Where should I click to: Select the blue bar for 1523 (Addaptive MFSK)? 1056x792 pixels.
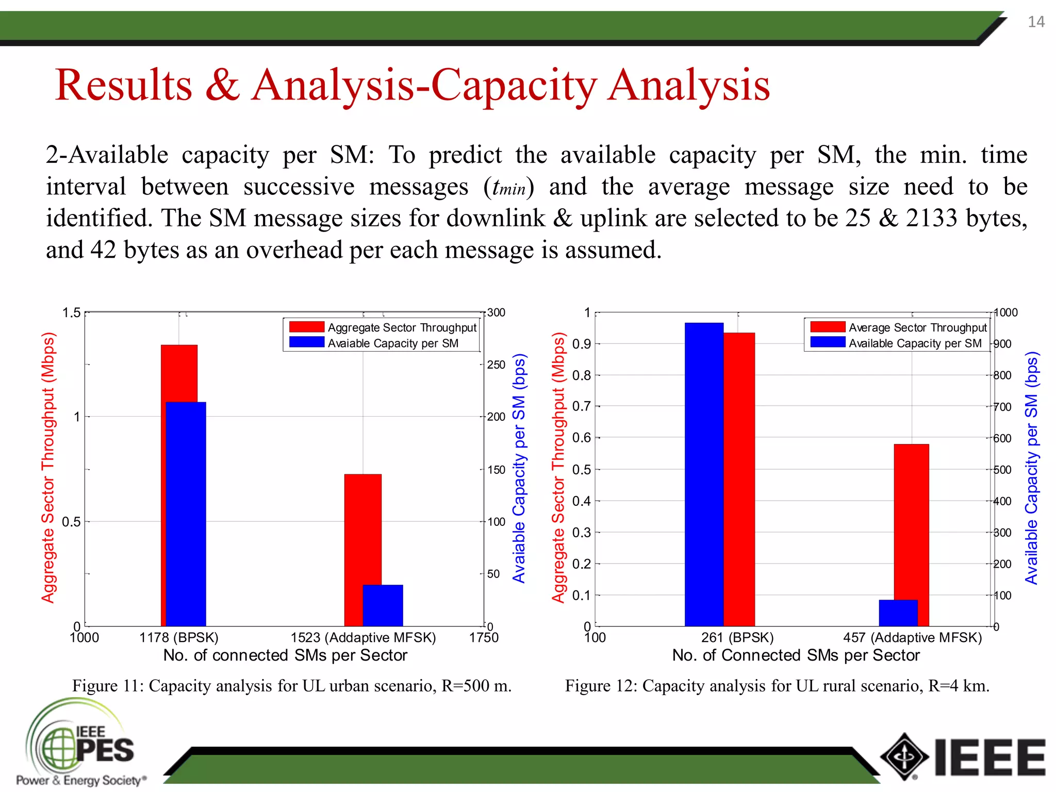383,605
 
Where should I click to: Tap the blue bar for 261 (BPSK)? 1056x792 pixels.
704,474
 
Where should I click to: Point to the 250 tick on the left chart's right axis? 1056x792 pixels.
496,365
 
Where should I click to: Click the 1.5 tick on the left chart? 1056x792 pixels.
71,313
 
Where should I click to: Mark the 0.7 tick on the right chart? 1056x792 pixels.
581,406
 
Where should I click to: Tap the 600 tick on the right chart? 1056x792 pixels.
1002,438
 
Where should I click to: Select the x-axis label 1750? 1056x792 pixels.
483,638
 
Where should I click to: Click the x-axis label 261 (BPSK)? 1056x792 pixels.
737,638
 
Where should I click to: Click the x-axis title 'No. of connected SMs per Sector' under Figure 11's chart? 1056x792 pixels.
285,655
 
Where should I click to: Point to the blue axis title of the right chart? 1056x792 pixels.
1031,468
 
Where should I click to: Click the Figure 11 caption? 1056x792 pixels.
292,686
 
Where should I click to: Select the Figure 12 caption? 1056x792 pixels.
777,686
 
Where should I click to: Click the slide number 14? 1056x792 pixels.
1036,22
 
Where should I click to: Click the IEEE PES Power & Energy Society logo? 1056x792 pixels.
80,742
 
